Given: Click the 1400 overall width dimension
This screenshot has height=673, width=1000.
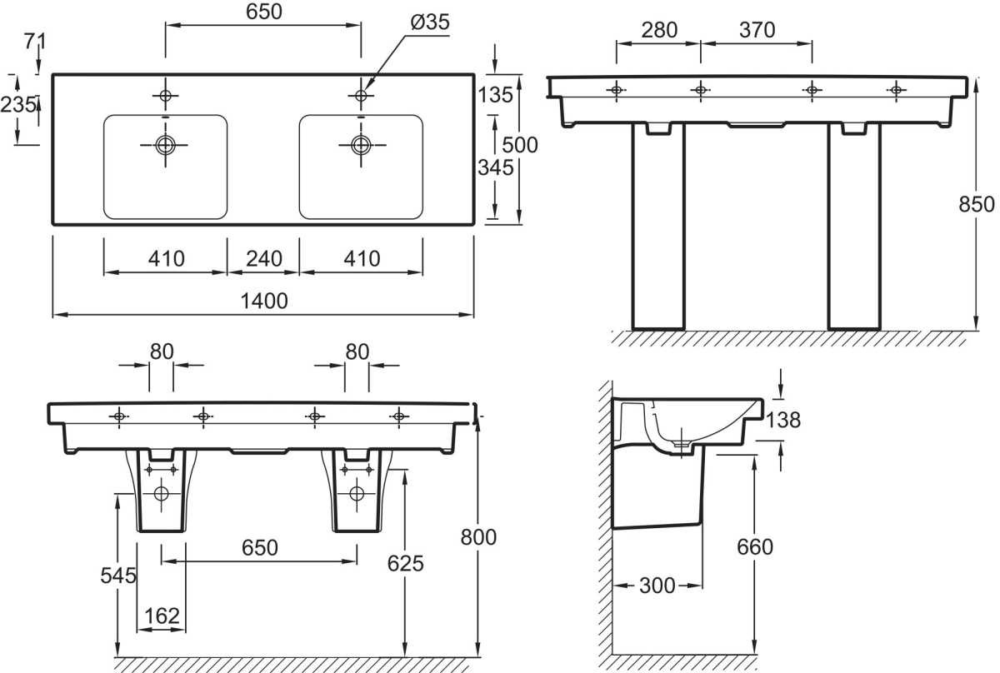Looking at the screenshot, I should pyautogui.click(x=265, y=302).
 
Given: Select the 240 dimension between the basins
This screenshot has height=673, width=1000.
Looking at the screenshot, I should pyautogui.click(x=264, y=258).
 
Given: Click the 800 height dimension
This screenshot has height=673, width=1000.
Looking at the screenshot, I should pyautogui.click(x=478, y=537).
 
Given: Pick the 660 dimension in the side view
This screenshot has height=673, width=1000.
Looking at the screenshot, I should pyautogui.click(x=755, y=547).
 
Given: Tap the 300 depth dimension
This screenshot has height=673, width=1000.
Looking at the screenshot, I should pyautogui.click(x=658, y=586).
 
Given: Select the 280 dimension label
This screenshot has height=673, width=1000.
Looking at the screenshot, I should pyautogui.click(x=659, y=31).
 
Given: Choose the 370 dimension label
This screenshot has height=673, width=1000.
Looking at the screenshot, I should pyautogui.click(x=756, y=31).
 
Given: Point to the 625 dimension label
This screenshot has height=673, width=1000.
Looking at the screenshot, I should pyautogui.click(x=406, y=564).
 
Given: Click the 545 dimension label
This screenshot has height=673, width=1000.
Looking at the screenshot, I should pyautogui.click(x=117, y=576).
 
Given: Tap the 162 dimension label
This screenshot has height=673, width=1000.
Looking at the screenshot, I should pyautogui.click(x=162, y=616).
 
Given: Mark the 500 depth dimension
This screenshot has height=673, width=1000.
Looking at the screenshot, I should pyautogui.click(x=521, y=145).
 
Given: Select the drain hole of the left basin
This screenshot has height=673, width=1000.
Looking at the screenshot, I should pyautogui.click(x=165, y=145).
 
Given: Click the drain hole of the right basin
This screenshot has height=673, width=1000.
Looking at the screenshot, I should pyautogui.click(x=361, y=145).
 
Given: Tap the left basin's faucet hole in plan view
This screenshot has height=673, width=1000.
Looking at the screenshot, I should pyautogui.click(x=165, y=97).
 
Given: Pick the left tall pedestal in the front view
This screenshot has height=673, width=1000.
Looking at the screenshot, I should pyautogui.click(x=658, y=225).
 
